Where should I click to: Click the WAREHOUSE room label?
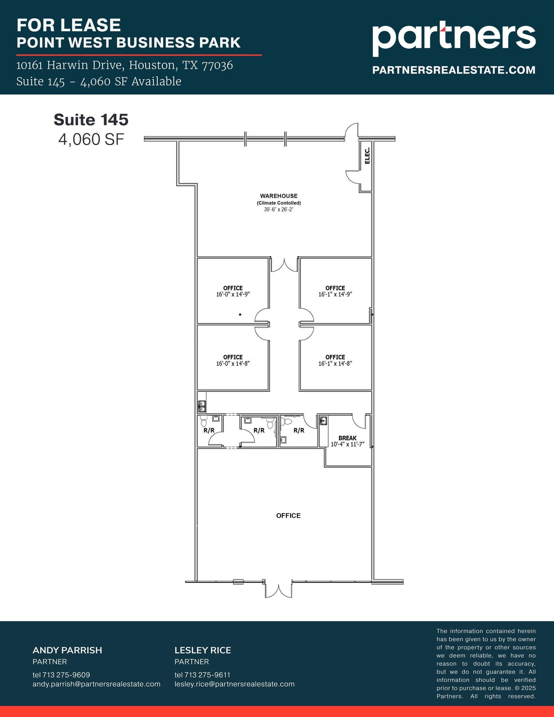(279, 196)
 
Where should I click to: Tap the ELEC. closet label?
(367, 155)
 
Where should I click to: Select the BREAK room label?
(347, 438)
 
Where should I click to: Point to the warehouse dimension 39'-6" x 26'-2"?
(279, 210)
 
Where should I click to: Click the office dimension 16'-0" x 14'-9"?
(233, 294)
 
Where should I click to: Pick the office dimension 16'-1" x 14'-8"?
(335, 363)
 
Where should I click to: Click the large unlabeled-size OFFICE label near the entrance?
(288, 515)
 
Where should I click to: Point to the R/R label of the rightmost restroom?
(299, 430)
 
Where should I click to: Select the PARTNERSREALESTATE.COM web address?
(454, 70)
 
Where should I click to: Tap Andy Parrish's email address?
(96, 684)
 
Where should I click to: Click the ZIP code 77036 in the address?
(217, 65)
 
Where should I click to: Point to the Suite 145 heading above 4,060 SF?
(91, 120)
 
